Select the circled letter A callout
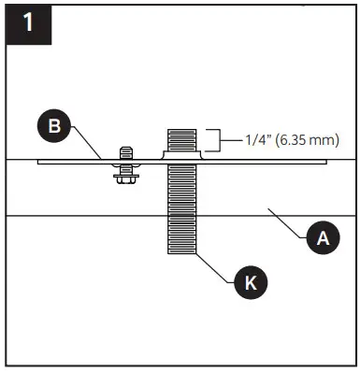coord(324,238)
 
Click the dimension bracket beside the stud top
coord(213,140)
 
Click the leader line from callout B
coord(86,146)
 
